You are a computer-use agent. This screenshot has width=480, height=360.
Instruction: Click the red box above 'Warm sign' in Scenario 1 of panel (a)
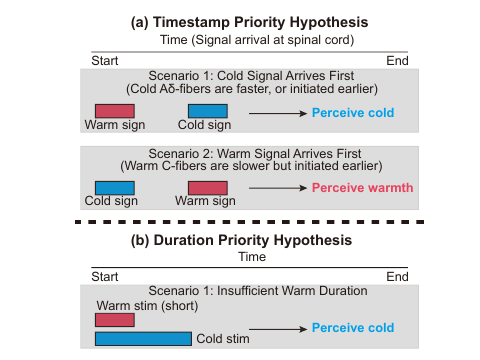114,111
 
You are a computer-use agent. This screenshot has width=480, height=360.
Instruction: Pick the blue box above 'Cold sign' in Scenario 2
114,187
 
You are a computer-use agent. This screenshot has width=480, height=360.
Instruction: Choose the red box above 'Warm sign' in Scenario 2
207,187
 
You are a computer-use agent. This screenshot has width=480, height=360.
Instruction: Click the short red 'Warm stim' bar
114,320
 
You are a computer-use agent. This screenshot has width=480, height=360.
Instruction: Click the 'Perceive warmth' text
362,187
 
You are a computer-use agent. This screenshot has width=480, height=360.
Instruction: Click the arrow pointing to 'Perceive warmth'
277,188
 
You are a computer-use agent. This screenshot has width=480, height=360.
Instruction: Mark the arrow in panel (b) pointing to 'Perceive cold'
277,328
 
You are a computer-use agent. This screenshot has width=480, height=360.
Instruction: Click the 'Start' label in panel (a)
104,61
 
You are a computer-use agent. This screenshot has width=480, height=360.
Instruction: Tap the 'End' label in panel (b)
397,276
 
